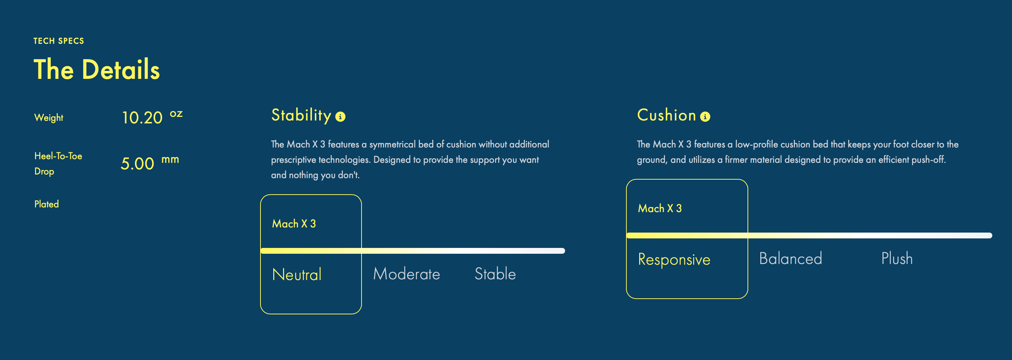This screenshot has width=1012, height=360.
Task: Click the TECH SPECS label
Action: point(58,41)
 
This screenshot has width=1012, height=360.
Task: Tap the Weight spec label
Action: point(49,118)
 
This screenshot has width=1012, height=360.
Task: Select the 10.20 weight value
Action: point(142,118)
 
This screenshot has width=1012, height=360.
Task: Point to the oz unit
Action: point(176,114)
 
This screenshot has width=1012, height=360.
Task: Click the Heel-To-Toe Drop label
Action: point(58,164)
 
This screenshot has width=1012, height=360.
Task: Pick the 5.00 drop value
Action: point(138,164)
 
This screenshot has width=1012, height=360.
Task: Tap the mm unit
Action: point(170,160)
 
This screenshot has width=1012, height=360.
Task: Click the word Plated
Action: point(46,204)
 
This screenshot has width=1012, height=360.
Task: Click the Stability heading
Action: point(301,115)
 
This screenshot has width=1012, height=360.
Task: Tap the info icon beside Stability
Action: point(340,117)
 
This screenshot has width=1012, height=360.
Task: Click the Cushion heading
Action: point(666,115)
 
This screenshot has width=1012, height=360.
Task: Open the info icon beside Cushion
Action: point(705,117)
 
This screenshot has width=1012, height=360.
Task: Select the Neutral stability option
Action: point(297,274)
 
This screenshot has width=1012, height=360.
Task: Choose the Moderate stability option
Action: point(407,274)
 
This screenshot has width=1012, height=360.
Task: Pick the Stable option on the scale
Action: point(495,273)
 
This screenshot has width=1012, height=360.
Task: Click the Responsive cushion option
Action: point(674,259)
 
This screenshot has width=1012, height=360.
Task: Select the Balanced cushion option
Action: point(791,258)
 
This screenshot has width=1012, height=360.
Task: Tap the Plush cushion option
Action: point(897,258)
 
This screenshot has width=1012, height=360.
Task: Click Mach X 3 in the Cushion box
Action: point(660,208)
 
